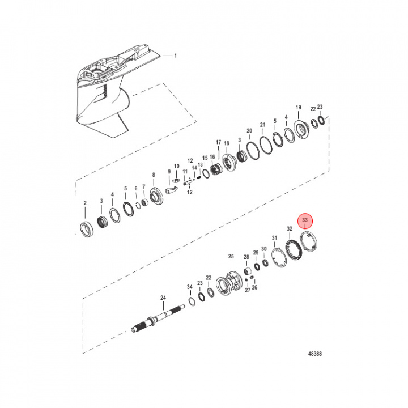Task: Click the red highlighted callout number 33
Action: [305, 219]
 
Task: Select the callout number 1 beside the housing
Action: [175, 56]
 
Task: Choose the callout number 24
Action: [163, 298]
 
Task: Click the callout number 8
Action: [153, 175]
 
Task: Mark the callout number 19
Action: [298, 108]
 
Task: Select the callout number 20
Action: [249, 131]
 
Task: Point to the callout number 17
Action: [218, 142]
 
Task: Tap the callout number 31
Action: [275, 237]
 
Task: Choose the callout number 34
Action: [190, 287]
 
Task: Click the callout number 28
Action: [246, 257]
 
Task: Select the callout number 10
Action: [176, 167]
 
